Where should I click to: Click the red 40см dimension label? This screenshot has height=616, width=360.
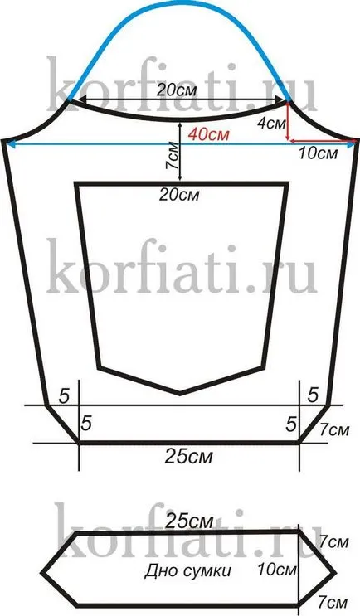tap(208, 134)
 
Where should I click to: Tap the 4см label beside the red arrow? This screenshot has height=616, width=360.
tap(271, 124)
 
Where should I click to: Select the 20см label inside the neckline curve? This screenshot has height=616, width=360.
tap(177, 90)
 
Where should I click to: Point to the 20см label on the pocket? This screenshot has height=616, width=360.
tap(179, 195)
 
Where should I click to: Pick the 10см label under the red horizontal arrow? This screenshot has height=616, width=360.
tap(318, 153)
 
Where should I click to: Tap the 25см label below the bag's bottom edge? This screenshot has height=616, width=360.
tap(188, 457)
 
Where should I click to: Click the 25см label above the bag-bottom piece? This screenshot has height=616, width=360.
tap(189, 521)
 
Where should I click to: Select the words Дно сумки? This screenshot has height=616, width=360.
tap(187, 570)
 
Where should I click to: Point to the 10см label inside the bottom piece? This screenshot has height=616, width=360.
tap(277, 570)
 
